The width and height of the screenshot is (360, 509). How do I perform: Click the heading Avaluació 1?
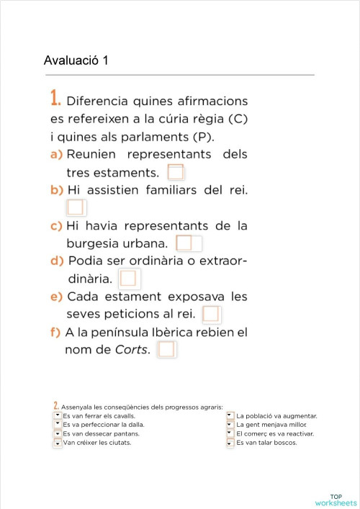(76, 60)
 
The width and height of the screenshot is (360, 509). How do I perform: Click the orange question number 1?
(55, 99)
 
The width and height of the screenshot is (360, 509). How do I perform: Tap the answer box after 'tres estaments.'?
(176, 173)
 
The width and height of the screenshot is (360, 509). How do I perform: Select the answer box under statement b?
(75, 208)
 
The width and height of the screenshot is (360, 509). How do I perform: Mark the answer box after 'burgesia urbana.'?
(185, 243)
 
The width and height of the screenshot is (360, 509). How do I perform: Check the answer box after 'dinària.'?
(130, 278)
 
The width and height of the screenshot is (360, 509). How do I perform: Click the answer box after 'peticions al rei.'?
(211, 314)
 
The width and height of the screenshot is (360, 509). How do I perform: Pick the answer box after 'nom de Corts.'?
(166, 350)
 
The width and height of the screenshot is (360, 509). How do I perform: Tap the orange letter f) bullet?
(55, 333)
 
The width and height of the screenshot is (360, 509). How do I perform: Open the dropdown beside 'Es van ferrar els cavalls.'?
(58, 415)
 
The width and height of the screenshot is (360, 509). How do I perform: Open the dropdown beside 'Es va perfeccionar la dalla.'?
(58, 425)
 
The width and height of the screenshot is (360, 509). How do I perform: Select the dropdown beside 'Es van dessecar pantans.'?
(58, 433)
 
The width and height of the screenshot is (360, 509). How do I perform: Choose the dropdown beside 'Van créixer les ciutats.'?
(58, 443)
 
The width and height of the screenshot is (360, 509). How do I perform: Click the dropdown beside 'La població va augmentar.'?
(230, 415)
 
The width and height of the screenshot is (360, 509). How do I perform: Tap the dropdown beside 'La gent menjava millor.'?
(230, 425)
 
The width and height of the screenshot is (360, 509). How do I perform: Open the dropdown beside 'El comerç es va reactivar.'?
(230, 433)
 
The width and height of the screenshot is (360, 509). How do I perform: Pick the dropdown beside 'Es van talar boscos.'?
(230, 443)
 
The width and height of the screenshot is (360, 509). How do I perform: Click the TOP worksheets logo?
(336, 500)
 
